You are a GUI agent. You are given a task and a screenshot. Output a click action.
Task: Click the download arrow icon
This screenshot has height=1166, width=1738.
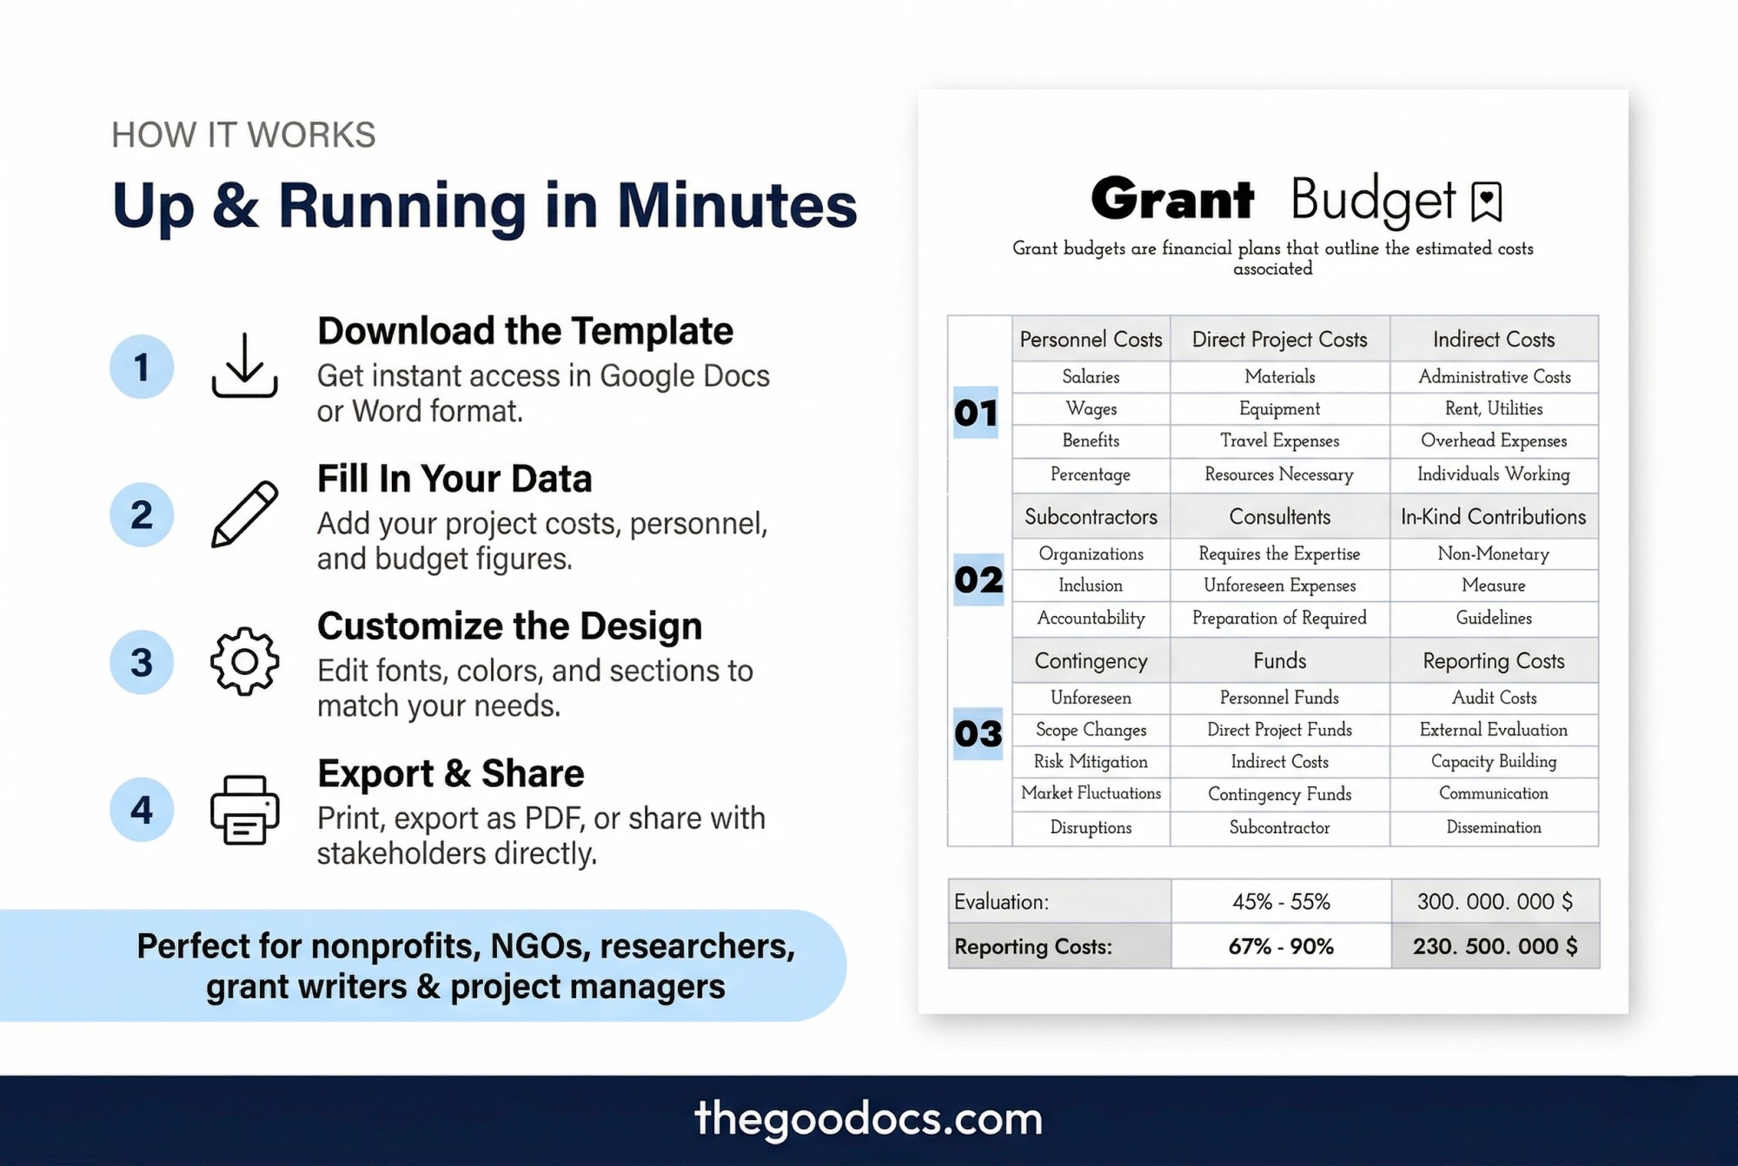pyautogui.click(x=244, y=366)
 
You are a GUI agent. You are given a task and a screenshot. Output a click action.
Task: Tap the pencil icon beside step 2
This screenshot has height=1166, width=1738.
pyautogui.click(x=244, y=513)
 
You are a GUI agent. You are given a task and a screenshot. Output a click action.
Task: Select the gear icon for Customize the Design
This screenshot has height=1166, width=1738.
pyautogui.click(x=244, y=661)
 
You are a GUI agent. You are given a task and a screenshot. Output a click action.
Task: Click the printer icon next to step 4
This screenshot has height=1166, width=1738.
pyautogui.click(x=244, y=809)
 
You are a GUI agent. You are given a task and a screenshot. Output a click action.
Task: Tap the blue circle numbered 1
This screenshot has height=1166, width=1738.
pyautogui.click(x=142, y=367)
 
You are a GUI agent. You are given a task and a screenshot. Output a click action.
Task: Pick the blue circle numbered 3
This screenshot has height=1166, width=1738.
pyautogui.click(x=142, y=662)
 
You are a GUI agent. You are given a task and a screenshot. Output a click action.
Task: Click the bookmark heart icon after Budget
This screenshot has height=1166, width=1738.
pyautogui.click(x=1486, y=202)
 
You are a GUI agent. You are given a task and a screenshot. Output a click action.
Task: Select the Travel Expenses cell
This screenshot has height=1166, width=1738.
pyautogui.click(x=1279, y=441)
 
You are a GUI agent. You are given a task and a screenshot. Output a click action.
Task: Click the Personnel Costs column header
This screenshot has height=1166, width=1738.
pyautogui.click(x=1091, y=340)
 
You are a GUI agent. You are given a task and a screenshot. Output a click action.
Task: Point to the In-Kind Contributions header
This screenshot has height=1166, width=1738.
pyautogui.click(x=1493, y=517)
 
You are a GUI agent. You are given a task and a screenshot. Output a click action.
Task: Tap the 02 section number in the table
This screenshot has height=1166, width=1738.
pyautogui.click(x=978, y=580)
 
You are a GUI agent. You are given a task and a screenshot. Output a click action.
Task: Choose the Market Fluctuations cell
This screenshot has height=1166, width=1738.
pyautogui.click(x=1091, y=793)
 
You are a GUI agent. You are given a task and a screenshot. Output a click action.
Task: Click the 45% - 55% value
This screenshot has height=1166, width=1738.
pyautogui.click(x=1281, y=902)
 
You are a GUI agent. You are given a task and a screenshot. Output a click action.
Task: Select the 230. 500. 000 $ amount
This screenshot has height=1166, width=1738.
pyautogui.click(x=1495, y=946)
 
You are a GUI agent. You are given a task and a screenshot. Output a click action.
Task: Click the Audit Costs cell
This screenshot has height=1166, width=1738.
pyautogui.click(x=1494, y=698)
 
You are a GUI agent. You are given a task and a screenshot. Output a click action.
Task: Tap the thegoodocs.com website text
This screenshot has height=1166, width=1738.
pyautogui.click(x=868, y=1119)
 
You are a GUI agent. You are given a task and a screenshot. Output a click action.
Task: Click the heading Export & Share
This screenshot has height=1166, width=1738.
pyautogui.click(x=450, y=773)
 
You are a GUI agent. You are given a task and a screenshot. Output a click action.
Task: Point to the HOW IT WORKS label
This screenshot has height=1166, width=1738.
pyautogui.click(x=243, y=135)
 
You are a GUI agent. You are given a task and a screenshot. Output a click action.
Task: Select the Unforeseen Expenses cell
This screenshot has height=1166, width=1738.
pyautogui.click(x=1279, y=586)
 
